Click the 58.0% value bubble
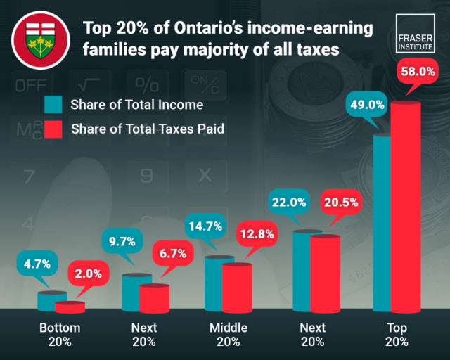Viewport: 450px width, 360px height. tap(418, 71)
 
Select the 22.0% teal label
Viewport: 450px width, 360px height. tap(288, 202)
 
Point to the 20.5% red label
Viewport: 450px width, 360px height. tap(341, 202)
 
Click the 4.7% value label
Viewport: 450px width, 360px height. tap(37, 265)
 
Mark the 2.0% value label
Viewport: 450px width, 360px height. tap(88, 274)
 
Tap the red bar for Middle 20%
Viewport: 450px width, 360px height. tap(236, 286)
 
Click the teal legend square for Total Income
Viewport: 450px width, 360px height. tap(53, 105)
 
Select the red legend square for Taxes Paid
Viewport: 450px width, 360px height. tap(53, 129)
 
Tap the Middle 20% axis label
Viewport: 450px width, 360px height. tap(229, 335)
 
